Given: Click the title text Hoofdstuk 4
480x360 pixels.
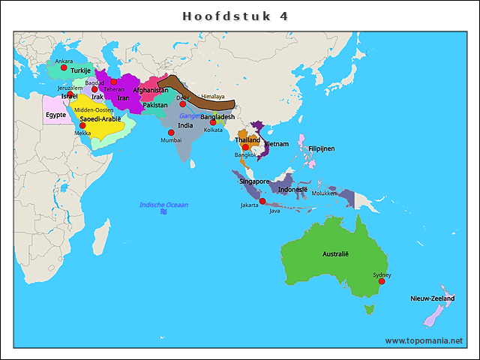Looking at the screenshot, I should pyautogui.click(x=235, y=16).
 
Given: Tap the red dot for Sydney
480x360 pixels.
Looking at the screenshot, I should pyautogui.click(x=382, y=281).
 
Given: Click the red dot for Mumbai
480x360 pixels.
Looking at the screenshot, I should pyautogui.click(x=171, y=133).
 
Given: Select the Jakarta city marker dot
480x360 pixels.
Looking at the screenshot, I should pyautogui.click(x=262, y=201).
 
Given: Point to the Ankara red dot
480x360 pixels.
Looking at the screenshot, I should pyautogui.click(x=64, y=67).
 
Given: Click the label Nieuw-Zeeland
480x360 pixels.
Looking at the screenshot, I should pyautogui.click(x=432, y=298).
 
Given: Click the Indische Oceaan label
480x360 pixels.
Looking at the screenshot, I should pyautogui.click(x=163, y=205).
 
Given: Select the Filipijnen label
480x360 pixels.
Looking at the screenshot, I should pyautogui.click(x=321, y=148).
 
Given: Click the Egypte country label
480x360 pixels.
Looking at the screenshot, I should pyautogui.click(x=55, y=115).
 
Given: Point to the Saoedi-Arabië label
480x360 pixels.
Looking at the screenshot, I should pyautogui.click(x=100, y=118).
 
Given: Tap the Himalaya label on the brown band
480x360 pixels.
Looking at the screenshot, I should pyautogui.click(x=213, y=97).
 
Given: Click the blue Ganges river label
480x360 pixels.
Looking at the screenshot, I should pyautogui.click(x=189, y=115).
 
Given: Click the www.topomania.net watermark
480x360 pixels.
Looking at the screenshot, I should pyautogui.click(x=424, y=340).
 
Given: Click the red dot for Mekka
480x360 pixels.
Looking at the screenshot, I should pyautogui.click(x=82, y=125).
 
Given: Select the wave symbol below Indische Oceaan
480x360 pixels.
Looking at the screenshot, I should pyautogui.click(x=163, y=213).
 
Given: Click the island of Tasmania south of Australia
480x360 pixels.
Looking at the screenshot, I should pyautogui.click(x=368, y=308).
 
